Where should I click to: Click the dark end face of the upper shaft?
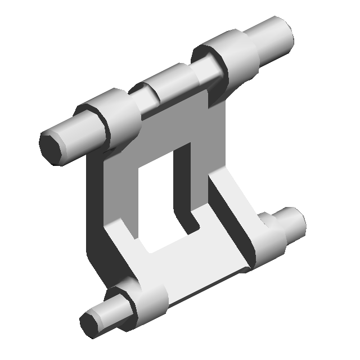tap(51, 146)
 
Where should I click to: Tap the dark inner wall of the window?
tap(183, 180)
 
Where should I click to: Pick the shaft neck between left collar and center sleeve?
tap(146, 101)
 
